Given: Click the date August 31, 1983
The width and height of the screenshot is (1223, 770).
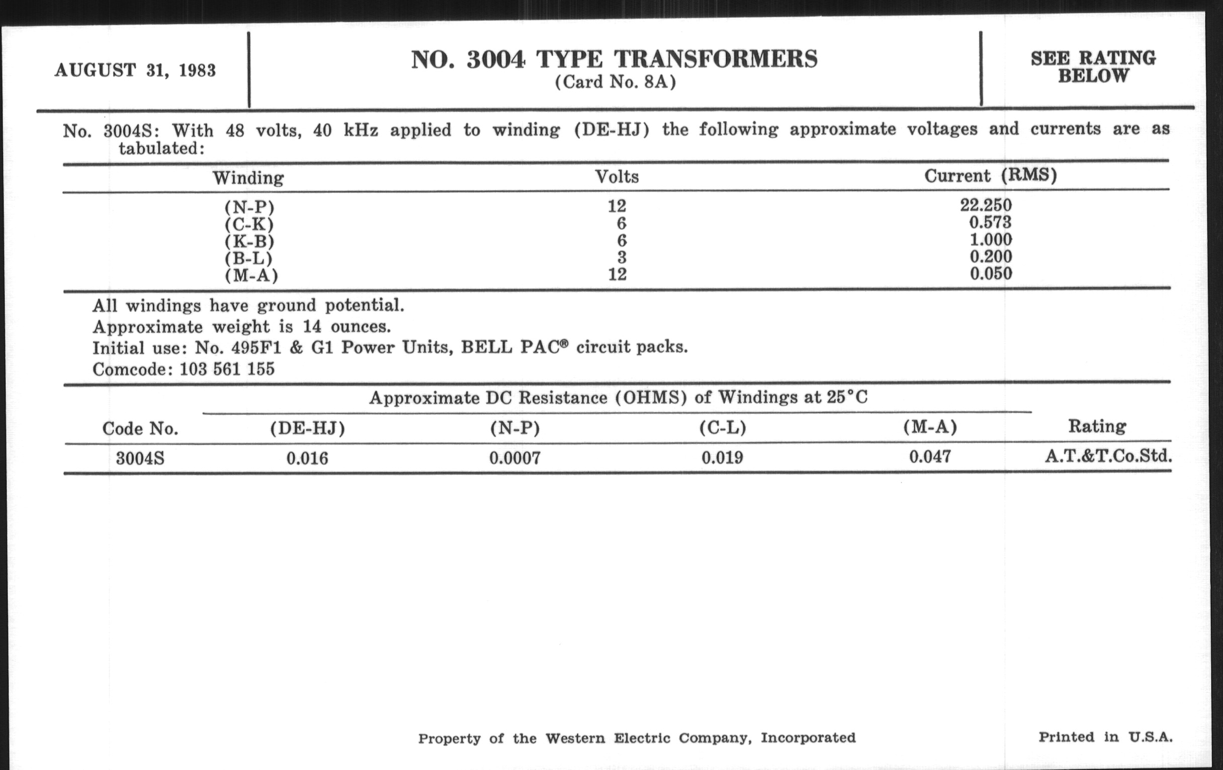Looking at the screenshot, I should coord(135,70).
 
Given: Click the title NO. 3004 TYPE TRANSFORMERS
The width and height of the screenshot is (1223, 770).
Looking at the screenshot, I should coord(614,59).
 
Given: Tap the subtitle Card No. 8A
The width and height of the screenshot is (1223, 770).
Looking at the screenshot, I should coord(615,83).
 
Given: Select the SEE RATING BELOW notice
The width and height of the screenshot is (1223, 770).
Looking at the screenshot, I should coord(1093,67).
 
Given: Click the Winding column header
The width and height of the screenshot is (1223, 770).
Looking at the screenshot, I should coord(248,178).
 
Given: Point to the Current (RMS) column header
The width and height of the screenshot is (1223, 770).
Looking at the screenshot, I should coord(990,176).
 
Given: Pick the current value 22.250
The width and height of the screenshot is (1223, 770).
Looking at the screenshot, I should coord(986,205).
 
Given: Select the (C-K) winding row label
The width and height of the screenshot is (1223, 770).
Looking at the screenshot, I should coord(249,224).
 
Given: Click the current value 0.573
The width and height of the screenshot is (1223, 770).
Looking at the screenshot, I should coord(990,222).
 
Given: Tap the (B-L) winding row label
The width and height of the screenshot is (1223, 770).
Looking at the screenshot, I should coord(248,258).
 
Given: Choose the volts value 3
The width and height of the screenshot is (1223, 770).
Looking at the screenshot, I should coord(622,257).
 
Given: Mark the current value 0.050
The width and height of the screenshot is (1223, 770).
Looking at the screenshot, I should coord(991,273).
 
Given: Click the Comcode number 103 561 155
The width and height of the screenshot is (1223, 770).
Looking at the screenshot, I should coord(227,369).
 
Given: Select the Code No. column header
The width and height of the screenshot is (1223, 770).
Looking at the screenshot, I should coord(140,429).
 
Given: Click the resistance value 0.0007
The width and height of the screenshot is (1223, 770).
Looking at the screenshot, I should coord(514,458).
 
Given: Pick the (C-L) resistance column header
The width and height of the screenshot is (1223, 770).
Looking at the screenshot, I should coord(722,428).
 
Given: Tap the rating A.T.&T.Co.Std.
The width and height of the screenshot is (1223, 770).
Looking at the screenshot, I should coord(1108,456).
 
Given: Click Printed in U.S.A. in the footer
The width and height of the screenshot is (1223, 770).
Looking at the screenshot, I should coord(1105,737).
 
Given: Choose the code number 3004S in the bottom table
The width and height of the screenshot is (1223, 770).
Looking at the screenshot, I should coord(140,458).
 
